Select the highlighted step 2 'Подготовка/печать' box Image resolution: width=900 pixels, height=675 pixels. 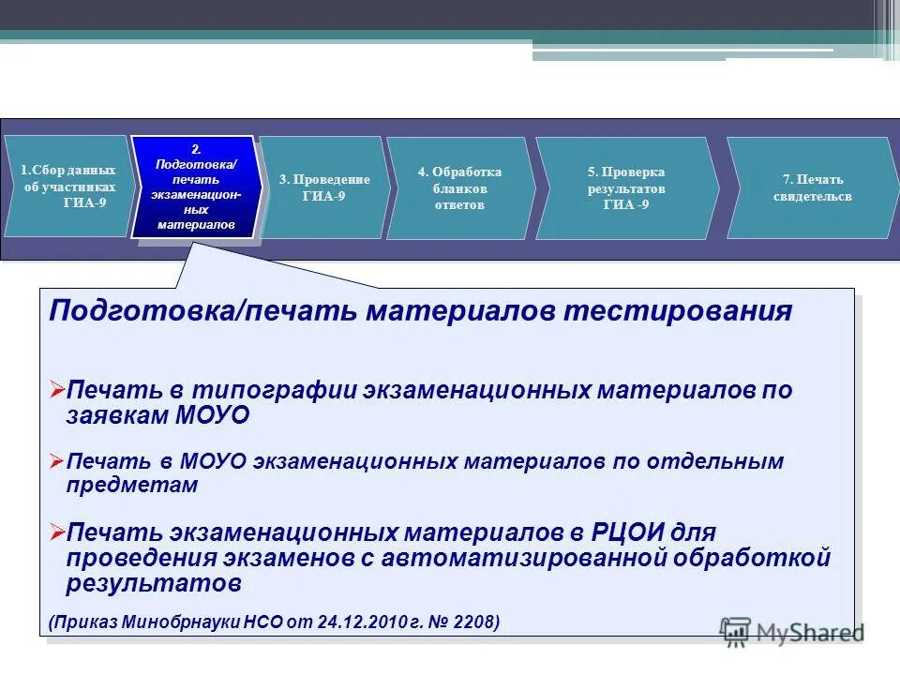pos(196,187)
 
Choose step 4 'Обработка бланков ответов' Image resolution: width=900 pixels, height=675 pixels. pos(459,187)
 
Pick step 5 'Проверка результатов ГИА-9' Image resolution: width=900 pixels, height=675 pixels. pos(625,187)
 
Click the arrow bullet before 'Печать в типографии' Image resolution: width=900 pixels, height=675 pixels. pos(56,389)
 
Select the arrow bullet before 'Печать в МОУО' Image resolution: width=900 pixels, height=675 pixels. pos(56,461)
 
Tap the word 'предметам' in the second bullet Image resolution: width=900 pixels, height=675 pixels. pos(132,486)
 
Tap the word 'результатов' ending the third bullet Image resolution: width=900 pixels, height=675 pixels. pos(154,583)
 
